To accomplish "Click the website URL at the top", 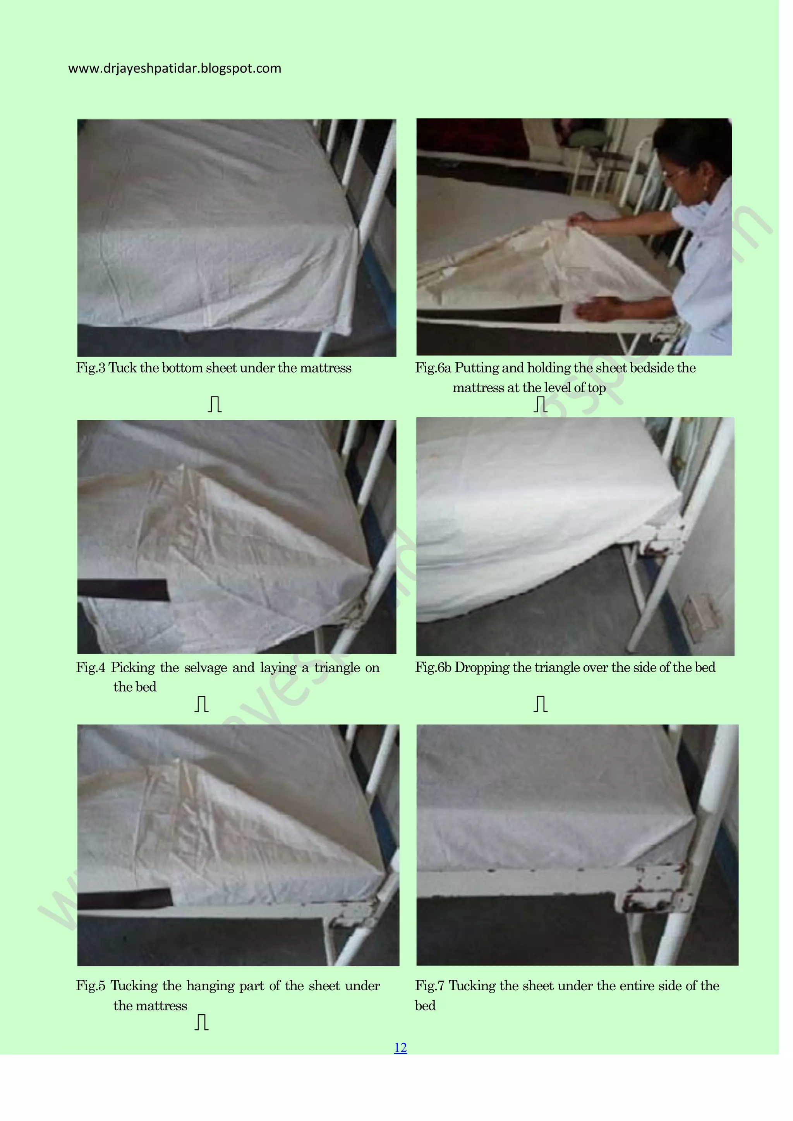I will tap(174, 68).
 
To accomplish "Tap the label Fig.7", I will tap(429, 985).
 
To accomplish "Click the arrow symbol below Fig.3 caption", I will tap(215, 404).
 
